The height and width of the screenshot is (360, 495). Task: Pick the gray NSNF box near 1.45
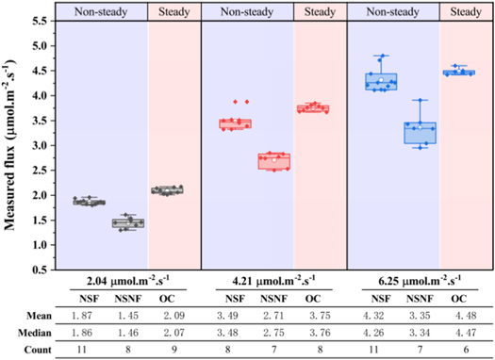tap(128, 222)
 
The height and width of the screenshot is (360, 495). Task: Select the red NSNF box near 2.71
tap(274, 161)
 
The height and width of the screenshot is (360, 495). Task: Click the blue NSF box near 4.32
tap(382, 82)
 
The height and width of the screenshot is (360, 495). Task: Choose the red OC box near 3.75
tap(313, 108)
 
